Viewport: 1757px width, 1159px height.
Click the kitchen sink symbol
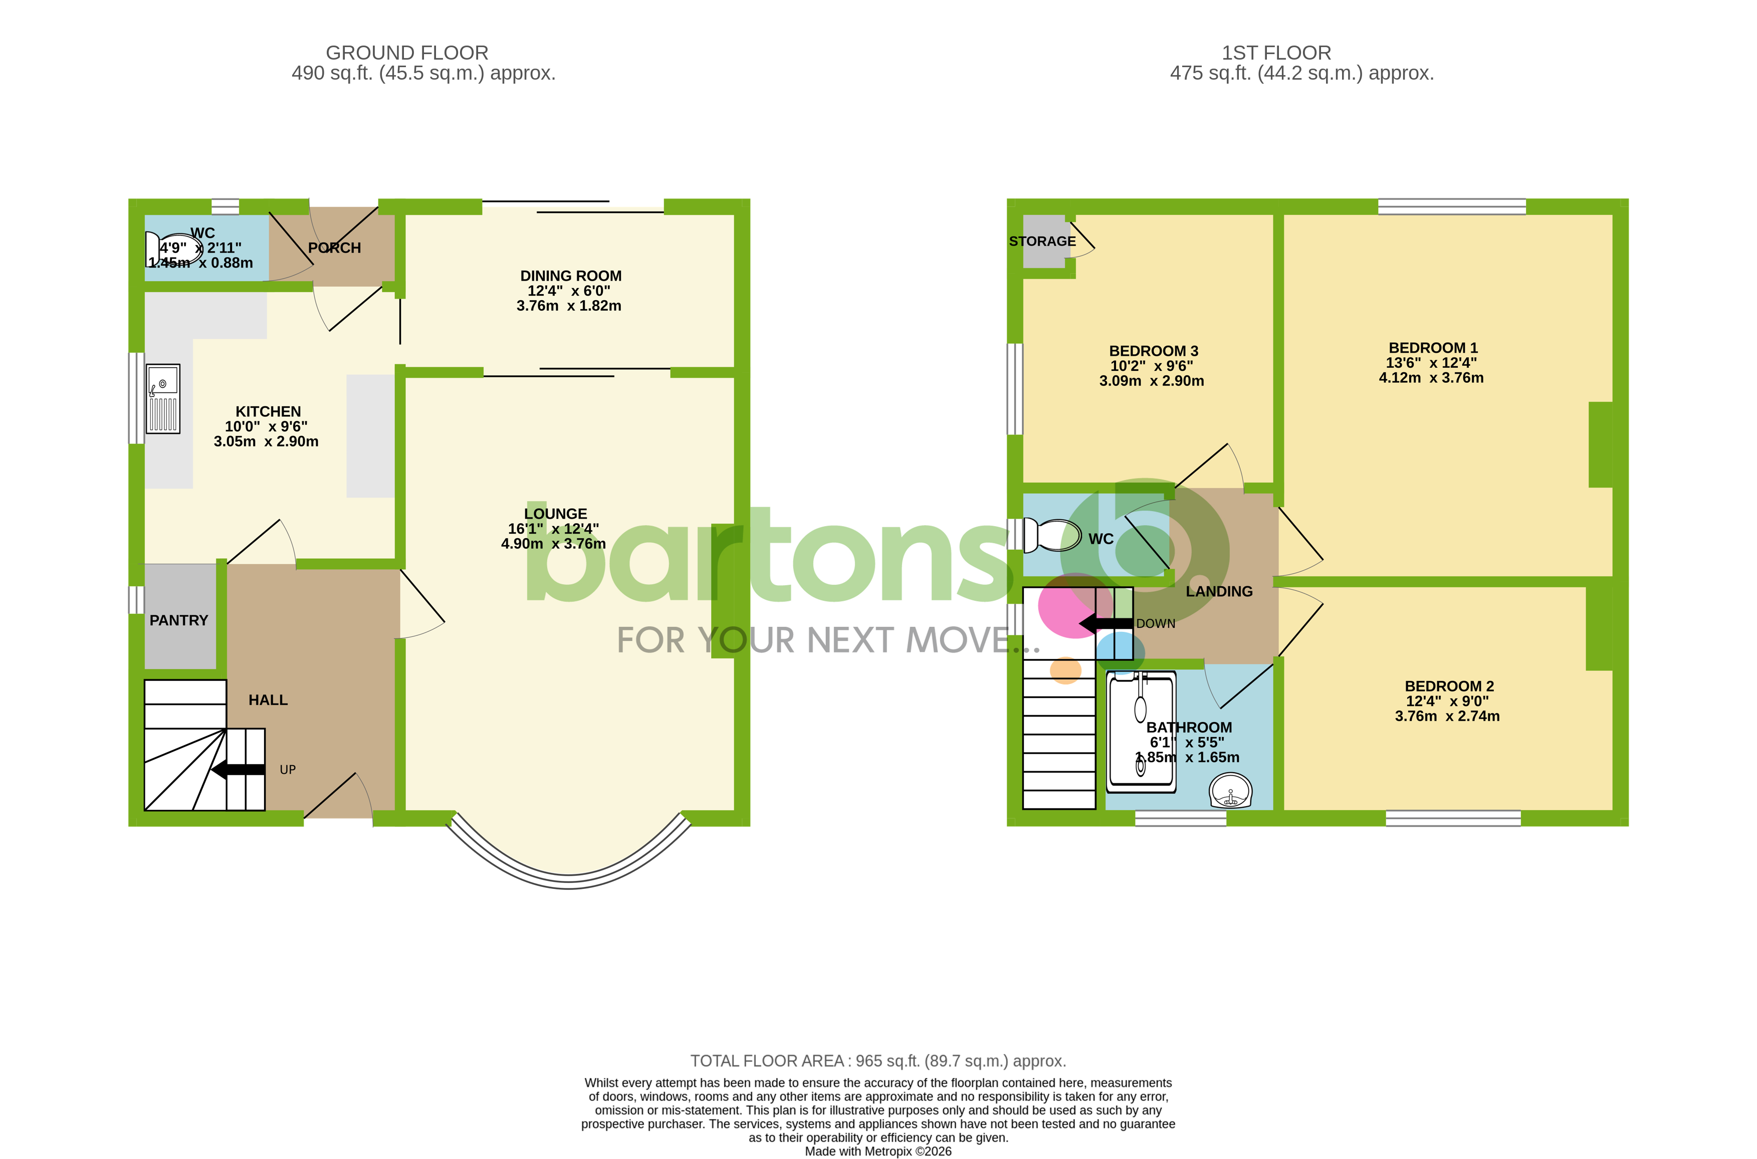(162, 398)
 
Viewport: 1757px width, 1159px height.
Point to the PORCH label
(334, 248)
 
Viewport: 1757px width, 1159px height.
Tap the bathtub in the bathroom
(1141, 732)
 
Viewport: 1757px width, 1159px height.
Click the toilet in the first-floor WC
(1052, 535)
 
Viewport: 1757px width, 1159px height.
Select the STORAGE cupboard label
(1042, 241)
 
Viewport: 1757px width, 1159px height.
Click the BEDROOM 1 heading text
(1432, 347)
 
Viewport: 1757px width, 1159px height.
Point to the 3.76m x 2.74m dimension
(1447, 716)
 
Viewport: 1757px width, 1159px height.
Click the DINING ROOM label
(571, 276)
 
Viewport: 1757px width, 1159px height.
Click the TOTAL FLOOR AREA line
(877, 1061)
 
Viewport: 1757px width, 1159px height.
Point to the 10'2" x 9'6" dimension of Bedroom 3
(1151, 366)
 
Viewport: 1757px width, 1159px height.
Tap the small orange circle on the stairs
(1065, 670)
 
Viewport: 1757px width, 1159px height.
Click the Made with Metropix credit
(877, 1151)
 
